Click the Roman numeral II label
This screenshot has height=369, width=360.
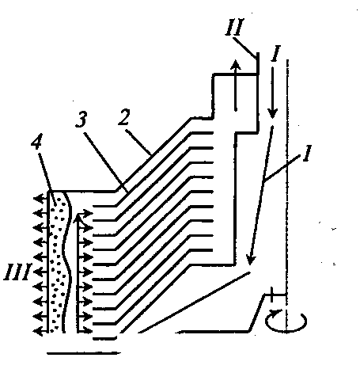(x=235, y=27)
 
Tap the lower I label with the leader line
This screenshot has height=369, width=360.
(x=307, y=153)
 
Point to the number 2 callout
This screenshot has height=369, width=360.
(x=123, y=116)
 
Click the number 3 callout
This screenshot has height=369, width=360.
(x=81, y=118)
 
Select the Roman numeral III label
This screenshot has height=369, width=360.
(x=17, y=272)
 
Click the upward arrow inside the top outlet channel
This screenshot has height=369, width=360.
(x=236, y=86)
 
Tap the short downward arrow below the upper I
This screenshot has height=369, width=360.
(x=272, y=93)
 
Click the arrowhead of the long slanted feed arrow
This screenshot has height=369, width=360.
(x=250, y=259)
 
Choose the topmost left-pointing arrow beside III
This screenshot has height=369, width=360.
(x=40, y=198)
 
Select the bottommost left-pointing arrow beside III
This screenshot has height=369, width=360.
(x=40, y=330)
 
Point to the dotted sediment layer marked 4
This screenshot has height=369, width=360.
(x=57, y=261)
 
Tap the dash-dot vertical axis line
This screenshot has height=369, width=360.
(x=287, y=196)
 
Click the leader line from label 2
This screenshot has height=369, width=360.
(x=138, y=142)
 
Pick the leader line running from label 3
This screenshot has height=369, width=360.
(x=108, y=162)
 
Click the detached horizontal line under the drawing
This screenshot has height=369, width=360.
(x=84, y=353)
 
